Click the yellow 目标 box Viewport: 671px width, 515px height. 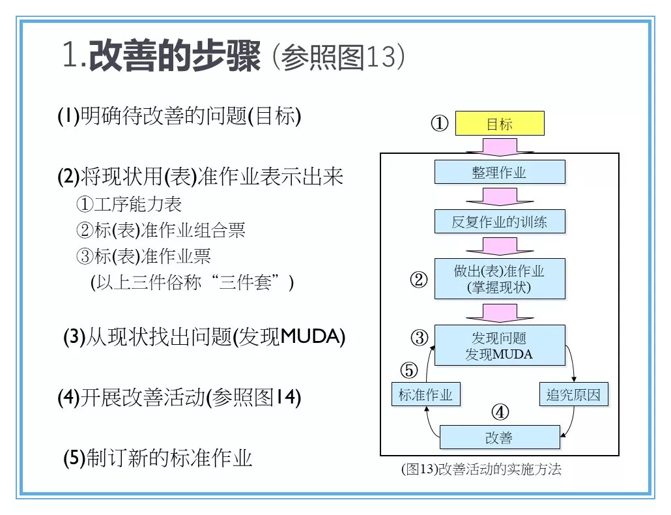point(499,124)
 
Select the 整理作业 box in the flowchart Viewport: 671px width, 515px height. point(499,172)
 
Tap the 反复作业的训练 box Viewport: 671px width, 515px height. point(499,222)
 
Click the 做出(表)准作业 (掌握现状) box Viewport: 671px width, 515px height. point(499,279)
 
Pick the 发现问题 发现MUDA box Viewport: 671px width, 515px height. point(499,346)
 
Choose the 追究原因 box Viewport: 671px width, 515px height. point(573,394)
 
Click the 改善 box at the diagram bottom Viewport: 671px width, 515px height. point(499,437)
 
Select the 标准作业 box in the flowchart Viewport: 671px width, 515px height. point(425,394)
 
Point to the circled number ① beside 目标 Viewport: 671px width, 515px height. point(440,124)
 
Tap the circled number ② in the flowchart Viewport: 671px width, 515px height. point(418,280)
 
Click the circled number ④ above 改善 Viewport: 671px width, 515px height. point(500,412)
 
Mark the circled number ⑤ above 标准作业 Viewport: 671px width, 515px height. point(408,371)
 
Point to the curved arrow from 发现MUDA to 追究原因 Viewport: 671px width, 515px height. point(572,362)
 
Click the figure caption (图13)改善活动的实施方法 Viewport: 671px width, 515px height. point(481,469)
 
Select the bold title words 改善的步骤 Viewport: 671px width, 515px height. point(175,57)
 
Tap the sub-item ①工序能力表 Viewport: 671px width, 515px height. point(129,204)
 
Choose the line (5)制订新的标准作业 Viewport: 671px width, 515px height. point(158,458)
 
